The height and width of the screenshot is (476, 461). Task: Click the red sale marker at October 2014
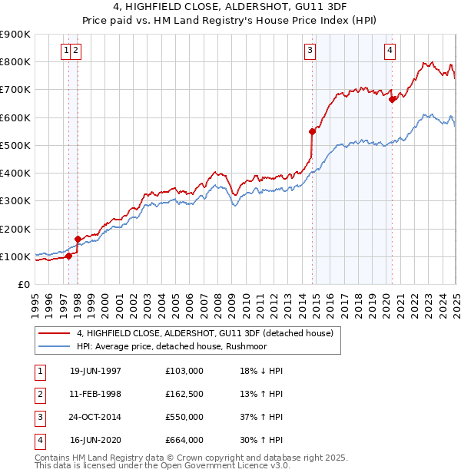point(313,131)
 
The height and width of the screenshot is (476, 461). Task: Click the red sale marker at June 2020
point(392,99)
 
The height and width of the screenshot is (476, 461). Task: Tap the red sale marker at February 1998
point(78,239)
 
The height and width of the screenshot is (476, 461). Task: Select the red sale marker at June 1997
point(68,256)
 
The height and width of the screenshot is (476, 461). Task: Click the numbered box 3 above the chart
point(310,51)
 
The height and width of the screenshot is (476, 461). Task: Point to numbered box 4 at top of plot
point(390,51)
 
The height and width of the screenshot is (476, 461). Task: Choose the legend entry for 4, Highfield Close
point(204,333)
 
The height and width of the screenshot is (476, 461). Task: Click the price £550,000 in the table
point(184,417)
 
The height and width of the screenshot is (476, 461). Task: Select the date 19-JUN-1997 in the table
point(95,371)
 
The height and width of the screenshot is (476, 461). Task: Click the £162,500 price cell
point(184,394)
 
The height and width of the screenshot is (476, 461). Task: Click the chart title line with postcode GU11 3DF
point(230,8)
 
